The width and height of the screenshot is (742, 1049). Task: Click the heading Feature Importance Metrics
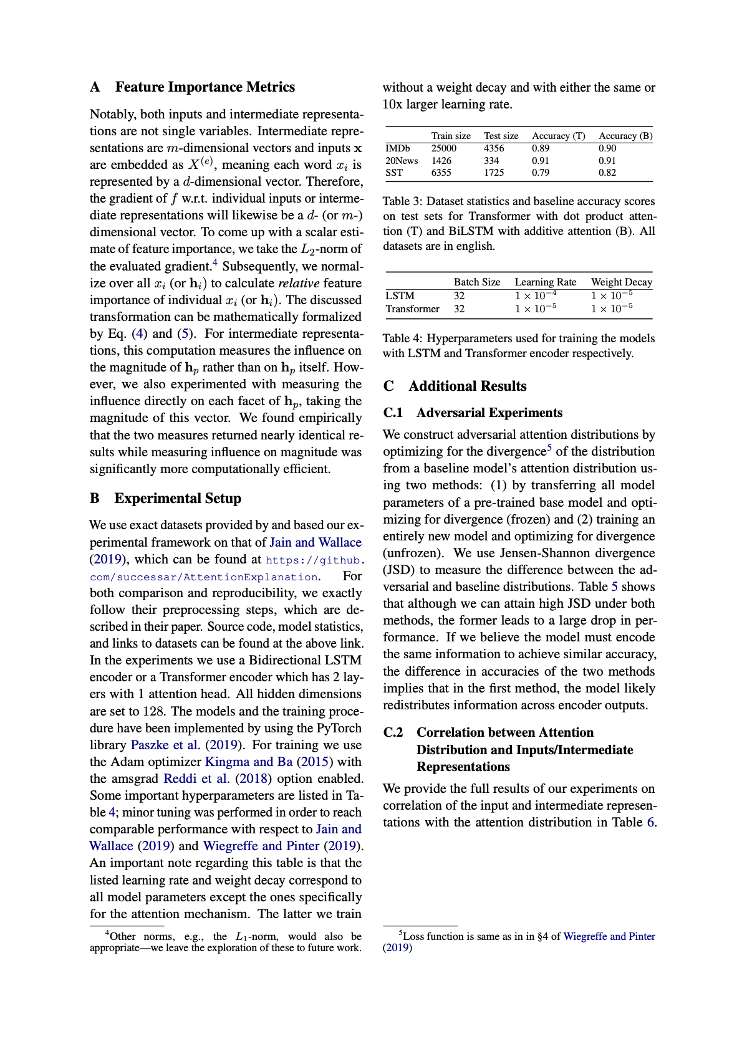click(x=205, y=87)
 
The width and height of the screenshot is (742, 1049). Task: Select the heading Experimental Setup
click(x=178, y=499)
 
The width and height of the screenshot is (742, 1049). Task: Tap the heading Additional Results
click(x=467, y=386)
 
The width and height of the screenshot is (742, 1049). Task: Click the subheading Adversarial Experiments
click(x=489, y=413)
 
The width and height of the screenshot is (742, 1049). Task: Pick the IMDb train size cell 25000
click(x=444, y=148)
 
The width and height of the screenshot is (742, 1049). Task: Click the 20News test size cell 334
click(x=491, y=161)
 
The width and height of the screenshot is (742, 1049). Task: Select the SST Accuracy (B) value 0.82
click(x=607, y=173)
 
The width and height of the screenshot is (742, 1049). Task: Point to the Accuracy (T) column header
click(x=558, y=136)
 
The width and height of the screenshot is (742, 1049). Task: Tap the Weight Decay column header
click(x=621, y=282)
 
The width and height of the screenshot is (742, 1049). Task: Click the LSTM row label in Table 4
click(x=400, y=296)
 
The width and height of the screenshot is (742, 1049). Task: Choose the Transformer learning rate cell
click(x=536, y=309)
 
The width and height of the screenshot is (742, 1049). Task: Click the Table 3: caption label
click(x=403, y=201)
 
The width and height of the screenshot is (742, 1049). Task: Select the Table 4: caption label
click(x=403, y=338)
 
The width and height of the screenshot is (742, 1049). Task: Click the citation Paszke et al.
click(x=165, y=745)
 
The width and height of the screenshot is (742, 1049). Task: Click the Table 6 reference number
click(x=650, y=822)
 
